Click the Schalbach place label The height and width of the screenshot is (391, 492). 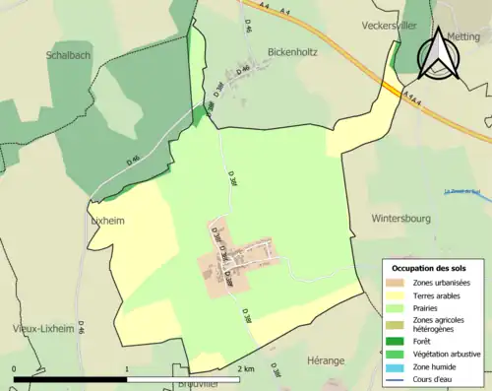click(x=68, y=56)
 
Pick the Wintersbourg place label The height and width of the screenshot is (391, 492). click(x=402, y=218)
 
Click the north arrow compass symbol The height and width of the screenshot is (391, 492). click(x=436, y=53)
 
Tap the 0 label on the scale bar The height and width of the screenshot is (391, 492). click(x=15, y=368)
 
